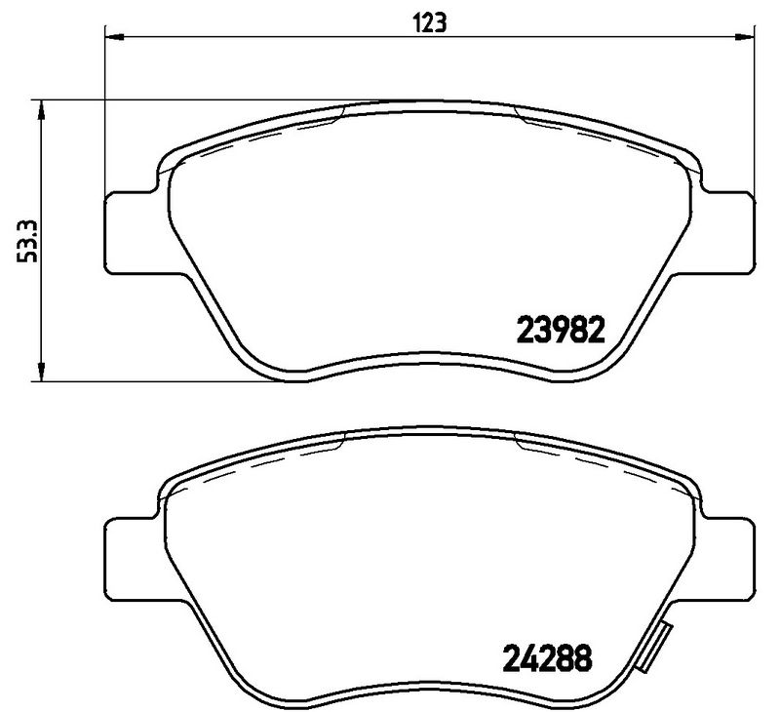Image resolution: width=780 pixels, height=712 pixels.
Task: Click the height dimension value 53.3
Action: click(30, 240)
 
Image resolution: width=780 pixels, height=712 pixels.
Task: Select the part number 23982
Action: click(561, 328)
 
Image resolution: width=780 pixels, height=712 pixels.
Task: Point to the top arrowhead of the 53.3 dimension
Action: click(41, 108)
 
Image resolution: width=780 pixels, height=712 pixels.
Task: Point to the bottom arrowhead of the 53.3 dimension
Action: click(41, 375)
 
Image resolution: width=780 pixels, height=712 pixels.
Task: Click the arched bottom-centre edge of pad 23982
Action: click(428, 355)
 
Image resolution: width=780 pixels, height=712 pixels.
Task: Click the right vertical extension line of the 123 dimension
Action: click(752, 107)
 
